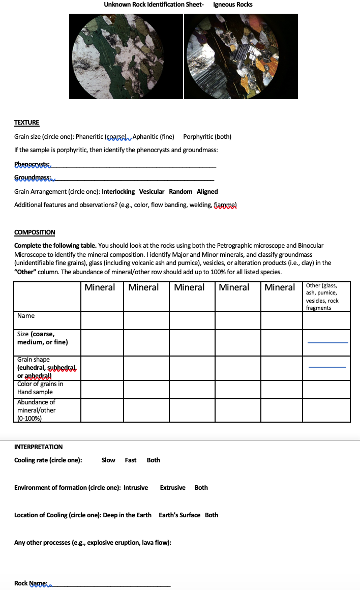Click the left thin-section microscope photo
[126, 56]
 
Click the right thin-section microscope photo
[241, 56]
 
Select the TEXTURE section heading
[26, 123]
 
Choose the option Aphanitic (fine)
[153, 136]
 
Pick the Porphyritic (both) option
[207, 136]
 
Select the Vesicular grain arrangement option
[152, 192]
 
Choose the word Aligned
[207, 192]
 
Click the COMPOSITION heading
[35, 232]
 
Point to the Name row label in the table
[26, 316]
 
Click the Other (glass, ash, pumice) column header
[326, 297]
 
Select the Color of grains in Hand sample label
[40, 388]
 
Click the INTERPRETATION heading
[39, 447]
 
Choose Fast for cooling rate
[131, 460]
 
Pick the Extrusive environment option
[172, 488]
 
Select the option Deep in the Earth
[127, 515]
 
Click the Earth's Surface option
[179, 515]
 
